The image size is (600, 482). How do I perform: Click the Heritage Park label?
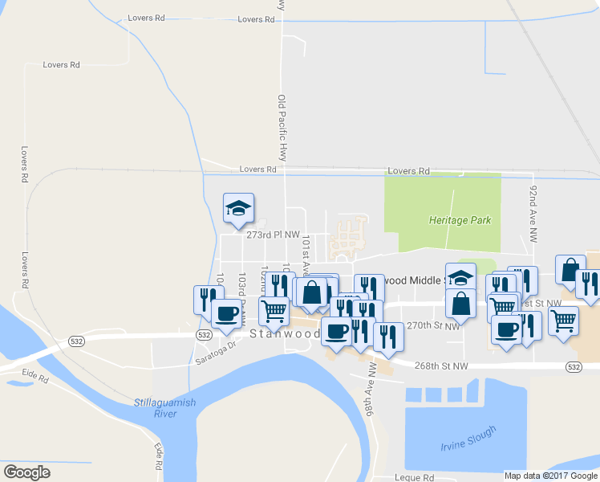(x=459, y=219)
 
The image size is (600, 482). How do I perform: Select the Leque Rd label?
(x=415, y=477)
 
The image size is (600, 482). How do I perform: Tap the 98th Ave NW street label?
(x=372, y=391)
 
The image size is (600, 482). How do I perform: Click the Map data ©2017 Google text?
(x=551, y=476)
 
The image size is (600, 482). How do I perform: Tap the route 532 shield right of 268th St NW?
(x=573, y=367)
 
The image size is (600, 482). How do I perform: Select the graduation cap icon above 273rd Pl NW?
(x=238, y=207)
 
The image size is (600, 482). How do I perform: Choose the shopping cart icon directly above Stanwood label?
(x=274, y=309)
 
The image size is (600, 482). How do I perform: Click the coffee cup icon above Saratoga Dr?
(x=225, y=312)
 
